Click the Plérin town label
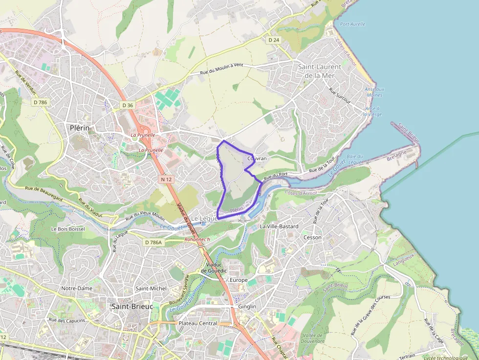click(x=79, y=128)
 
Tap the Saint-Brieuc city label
click(x=132, y=306)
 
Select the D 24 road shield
click(x=273, y=39)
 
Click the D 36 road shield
click(x=128, y=105)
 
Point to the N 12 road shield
click(x=166, y=180)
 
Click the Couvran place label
click(x=257, y=159)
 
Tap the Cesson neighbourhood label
click(x=312, y=237)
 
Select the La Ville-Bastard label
click(x=279, y=227)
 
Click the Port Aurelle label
click(x=352, y=24)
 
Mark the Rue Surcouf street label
click(x=340, y=96)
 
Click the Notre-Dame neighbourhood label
click(x=77, y=288)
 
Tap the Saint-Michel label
click(x=151, y=288)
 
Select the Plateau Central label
click(x=198, y=323)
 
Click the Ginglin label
click(x=246, y=307)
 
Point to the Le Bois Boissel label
click(x=68, y=229)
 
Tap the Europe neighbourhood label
click(x=239, y=280)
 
